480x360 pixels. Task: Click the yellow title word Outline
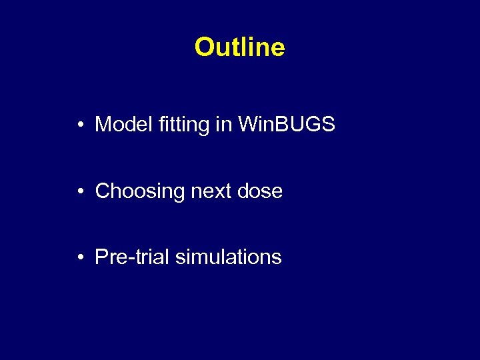pos(239,47)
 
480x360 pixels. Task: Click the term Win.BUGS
pos(287,124)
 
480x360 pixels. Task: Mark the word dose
pos(259,191)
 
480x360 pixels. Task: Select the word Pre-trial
pos(132,257)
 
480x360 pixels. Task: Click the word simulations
pos(228,257)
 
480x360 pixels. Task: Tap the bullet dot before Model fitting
pos(79,125)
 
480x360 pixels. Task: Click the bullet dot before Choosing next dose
pos(79,191)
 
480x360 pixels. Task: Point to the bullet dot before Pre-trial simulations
pos(79,257)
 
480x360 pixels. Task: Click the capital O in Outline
pos(203,47)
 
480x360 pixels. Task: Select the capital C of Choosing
pos(103,191)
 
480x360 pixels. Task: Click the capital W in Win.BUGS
pos(248,124)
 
